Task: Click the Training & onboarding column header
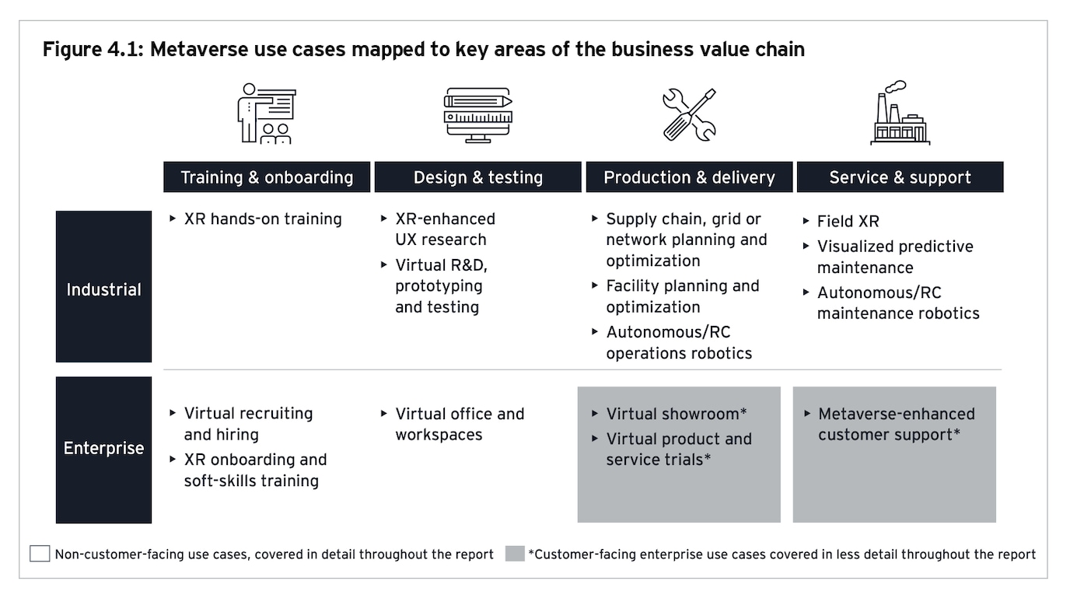[267, 177]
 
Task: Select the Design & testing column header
[477, 177]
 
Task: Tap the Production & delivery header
[689, 177]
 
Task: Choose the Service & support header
[900, 177]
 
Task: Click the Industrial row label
[103, 289]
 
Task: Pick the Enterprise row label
[103, 448]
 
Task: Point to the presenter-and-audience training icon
[266, 114]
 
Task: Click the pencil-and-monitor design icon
[477, 115]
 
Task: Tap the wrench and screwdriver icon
[689, 114]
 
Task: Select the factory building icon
[900, 114]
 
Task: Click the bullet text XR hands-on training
[263, 219]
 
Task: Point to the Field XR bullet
[848, 222]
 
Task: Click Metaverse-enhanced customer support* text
[896, 424]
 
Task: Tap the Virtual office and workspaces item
[460, 424]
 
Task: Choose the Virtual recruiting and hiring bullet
[248, 424]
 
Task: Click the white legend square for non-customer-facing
[40, 554]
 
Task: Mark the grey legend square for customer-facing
[515, 554]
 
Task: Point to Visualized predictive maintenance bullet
[895, 257]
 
